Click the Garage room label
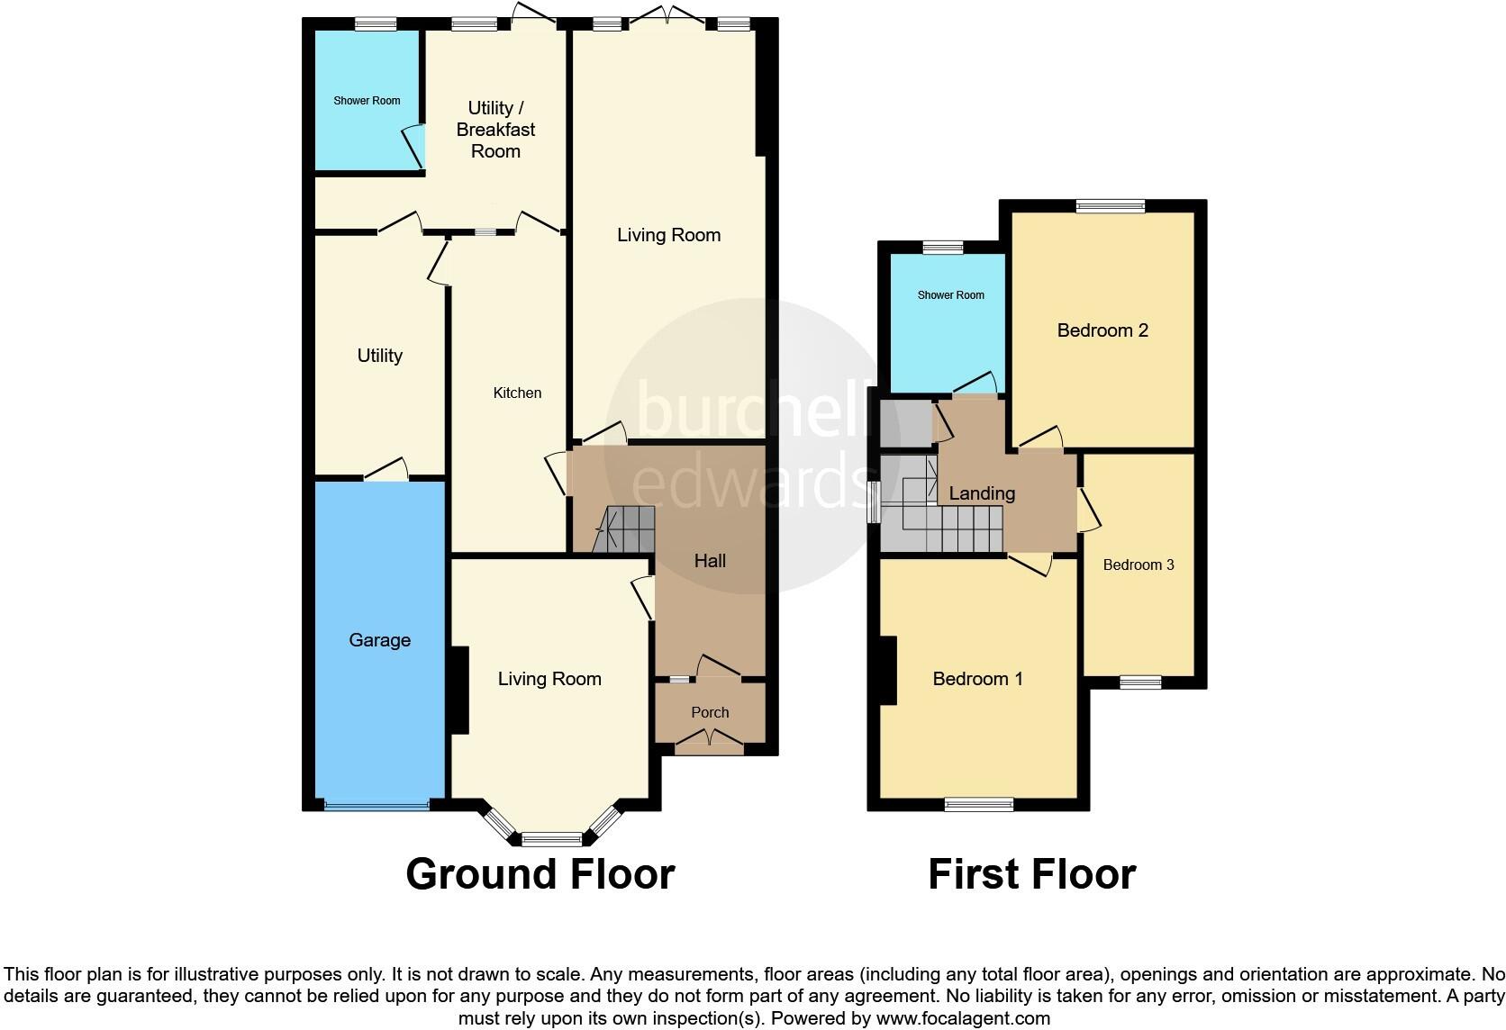pos(379,640)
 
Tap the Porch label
pos(710,712)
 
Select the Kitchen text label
pos(517,393)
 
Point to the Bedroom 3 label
pos(1139,565)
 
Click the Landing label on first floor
pos(982,493)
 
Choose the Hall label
pos(710,561)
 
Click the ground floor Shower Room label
pos(367,101)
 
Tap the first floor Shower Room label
pos(950,295)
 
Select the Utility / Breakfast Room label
pos(495,130)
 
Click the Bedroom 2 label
pos(1102,330)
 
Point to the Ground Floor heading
pos(540,874)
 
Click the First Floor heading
pos(1031,874)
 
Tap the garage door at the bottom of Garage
pos(377,806)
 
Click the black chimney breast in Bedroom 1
pos(889,671)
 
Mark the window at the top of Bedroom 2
pos(1111,206)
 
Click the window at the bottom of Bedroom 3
pos(1140,682)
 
